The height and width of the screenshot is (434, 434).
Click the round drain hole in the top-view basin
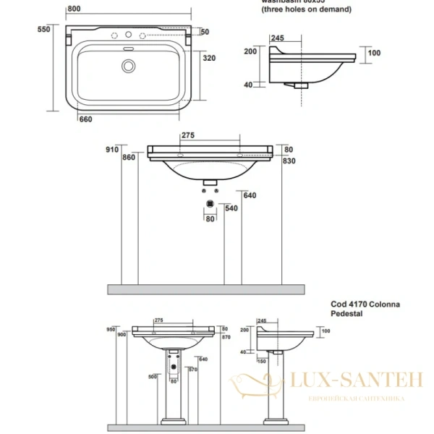tap(129, 66)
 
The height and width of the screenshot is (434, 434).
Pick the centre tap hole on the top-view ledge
tap(129, 35)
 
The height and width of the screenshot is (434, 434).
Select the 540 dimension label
tap(231, 208)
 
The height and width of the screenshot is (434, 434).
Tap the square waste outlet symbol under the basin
tap(210, 204)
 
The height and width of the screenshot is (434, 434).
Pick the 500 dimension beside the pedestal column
tap(153, 376)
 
